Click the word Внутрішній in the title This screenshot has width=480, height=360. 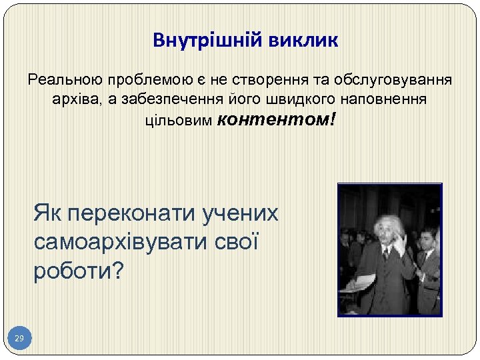(209, 41)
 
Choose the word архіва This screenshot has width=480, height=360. (73, 100)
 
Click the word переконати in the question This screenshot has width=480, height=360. (131, 214)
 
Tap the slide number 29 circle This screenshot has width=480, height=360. (19, 339)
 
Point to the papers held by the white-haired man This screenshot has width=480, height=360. (354, 281)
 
